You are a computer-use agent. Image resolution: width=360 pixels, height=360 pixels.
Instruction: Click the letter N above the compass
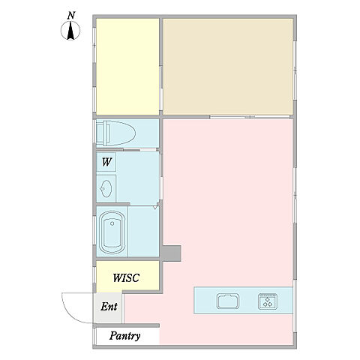[x=71, y=16]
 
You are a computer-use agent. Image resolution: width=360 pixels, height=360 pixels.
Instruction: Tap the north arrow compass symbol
[x=70, y=31]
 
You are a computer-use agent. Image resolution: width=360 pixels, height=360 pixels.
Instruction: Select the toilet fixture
[x=116, y=133]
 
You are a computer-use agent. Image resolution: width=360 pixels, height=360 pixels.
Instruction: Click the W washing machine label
[x=106, y=162]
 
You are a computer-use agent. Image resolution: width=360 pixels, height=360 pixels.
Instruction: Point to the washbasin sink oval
[x=106, y=188]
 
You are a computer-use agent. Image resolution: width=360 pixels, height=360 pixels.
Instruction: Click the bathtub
[x=112, y=232]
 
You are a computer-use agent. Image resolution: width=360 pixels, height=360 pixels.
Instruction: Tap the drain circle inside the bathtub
[x=112, y=223]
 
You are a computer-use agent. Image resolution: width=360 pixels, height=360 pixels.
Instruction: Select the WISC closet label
[x=126, y=277]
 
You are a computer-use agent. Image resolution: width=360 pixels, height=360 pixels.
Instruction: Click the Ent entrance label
[x=109, y=307]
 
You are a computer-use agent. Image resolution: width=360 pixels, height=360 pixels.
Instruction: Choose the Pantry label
[x=124, y=336]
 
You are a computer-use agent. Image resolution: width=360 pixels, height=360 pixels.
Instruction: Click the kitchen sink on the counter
[x=228, y=301]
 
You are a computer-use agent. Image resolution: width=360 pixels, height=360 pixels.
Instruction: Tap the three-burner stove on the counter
[x=268, y=301]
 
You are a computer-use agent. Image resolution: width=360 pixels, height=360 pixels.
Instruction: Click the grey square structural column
[x=170, y=253]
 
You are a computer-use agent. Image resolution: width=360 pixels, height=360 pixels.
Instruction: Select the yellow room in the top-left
[x=127, y=67]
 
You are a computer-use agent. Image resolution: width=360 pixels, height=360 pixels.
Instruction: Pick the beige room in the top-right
[x=228, y=67]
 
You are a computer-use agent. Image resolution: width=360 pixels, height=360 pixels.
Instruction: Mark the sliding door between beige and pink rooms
[x=250, y=117]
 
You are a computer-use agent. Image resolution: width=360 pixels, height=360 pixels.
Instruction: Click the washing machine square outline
[x=106, y=162]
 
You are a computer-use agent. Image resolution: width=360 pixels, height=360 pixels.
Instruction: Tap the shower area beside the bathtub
[x=143, y=231]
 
